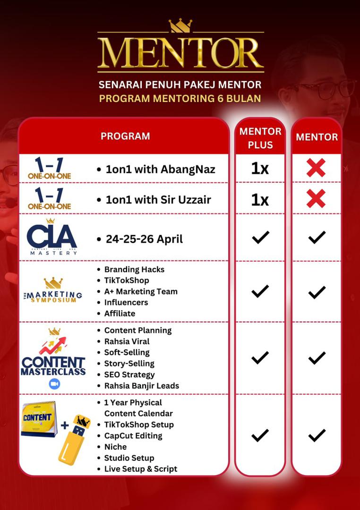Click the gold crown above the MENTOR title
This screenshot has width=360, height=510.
click(180, 25)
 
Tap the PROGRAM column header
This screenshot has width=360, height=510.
click(125, 136)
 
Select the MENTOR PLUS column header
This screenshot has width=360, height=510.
click(260, 138)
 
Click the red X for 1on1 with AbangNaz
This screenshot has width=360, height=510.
click(316, 168)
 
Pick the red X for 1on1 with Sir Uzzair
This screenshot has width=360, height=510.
click(316, 199)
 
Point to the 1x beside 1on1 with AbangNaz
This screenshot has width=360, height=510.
click(260, 169)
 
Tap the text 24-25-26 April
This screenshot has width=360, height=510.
click(144, 239)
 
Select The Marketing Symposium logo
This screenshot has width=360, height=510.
click(53, 291)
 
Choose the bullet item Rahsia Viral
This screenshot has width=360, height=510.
click(127, 341)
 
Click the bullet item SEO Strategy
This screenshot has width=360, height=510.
click(129, 374)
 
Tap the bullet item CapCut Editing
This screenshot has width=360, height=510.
click(133, 435)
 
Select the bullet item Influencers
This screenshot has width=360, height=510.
click(126, 302)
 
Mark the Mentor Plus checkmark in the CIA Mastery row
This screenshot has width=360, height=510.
click(260, 238)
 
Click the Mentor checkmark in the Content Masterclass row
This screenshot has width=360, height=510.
click(316, 358)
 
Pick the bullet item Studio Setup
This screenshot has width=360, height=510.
click(129, 458)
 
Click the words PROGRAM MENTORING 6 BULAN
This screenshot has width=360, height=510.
click(180, 99)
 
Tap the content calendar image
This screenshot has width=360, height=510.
click(38, 418)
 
